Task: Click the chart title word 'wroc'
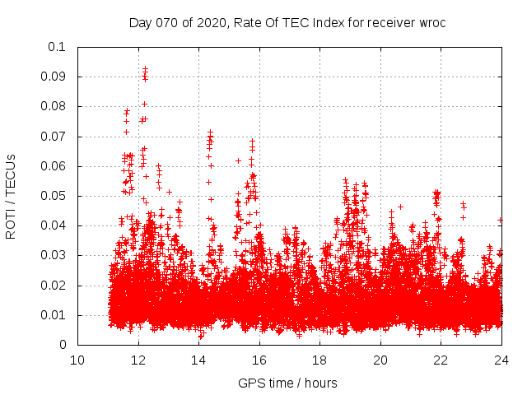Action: pyautogui.click(x=430, y=22)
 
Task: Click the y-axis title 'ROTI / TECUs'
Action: pyautogui.click(x=11, y=196)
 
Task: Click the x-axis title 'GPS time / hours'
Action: pyautogui.click(x=287, y=383)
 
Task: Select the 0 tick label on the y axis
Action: pyautogui.click(x=63, y=345)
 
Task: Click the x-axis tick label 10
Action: pyautogui.click(x=77, y=360)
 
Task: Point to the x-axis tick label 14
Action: pyautogui.click(x=198, y=360)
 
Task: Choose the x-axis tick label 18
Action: pyautogui.click(x=319, y=360)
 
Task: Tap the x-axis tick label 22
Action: pyautogui.click(x=441, y=360)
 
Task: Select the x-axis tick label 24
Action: pyautogui.click(x=501, y=360)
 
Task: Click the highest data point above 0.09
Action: pyautogui.click(x=145, y=68)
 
